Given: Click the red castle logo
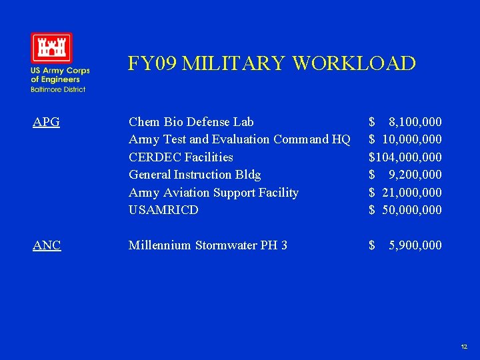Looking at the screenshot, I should [51, 48].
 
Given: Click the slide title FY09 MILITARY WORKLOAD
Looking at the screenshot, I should [271, 63].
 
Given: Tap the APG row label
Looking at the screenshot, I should [47, 122].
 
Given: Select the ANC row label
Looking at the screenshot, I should [47, 245].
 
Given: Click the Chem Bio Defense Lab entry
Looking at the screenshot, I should [191, 122].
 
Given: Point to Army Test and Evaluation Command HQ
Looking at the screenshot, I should [239, 139].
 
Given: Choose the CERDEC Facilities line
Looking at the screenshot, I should [181, 157].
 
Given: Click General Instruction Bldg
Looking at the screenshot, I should [195, 175].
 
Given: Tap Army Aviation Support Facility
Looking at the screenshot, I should [213, 193].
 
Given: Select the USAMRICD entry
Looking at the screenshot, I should [163, 210].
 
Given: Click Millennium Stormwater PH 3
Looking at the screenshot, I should [208, 245].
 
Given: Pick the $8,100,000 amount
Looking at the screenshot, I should [405, 122].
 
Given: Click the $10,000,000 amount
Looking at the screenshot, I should [405, 139].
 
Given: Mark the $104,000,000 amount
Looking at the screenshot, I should [405, 157].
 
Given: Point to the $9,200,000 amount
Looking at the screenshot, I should [405, 175].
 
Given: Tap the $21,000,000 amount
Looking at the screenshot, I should [405, 193].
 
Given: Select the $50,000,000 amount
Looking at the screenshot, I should [405, 210].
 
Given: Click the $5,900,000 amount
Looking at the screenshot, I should [405, 245].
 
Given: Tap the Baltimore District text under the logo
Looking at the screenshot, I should [57, 89].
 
